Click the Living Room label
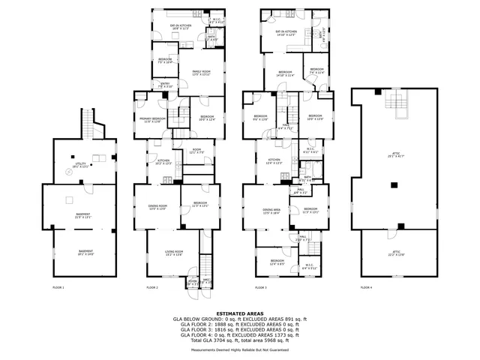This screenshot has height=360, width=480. point(174,253)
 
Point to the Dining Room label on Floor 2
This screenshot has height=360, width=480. point(157,207)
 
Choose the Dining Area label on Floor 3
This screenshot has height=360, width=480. point(271,211)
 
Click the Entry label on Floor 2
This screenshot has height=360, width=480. point(165,85)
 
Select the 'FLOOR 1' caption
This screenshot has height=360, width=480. point(58,288)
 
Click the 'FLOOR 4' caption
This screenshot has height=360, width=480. point(366,288)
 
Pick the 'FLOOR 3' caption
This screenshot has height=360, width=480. point(261,288)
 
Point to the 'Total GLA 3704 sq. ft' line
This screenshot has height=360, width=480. point(240,340)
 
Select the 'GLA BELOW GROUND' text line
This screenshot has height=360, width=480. point(240,319)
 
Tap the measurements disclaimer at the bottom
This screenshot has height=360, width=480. point(240,349)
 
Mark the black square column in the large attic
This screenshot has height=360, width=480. point(393,184)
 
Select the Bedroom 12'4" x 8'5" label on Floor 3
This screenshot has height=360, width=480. point(277,262)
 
